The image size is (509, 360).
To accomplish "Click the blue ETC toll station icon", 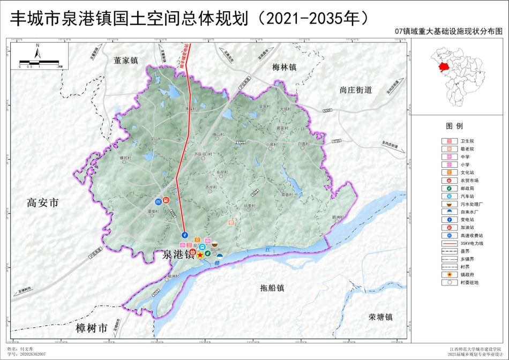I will click(158, 201).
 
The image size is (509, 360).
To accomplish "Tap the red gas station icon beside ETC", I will click(167, 200).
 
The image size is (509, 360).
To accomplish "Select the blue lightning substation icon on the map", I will click(184, 235).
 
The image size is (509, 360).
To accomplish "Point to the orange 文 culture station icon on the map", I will click(197, 239).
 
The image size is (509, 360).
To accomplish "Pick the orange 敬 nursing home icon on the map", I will click(231, 221).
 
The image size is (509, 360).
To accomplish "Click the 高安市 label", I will click(42, 202).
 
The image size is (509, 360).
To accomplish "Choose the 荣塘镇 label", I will click(380, 317).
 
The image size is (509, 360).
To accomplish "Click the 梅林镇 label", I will click(285, 67).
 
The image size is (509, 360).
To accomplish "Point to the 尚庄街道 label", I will click(355, 89).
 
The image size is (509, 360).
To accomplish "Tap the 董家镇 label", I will click(126, 61).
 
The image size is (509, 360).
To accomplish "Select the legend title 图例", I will click(454, 126).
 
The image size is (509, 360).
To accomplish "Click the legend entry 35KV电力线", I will click(471, 243).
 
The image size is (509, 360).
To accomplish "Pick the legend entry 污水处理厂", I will click(471, 204).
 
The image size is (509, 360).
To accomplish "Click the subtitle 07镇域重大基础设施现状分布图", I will click(448, 32).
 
